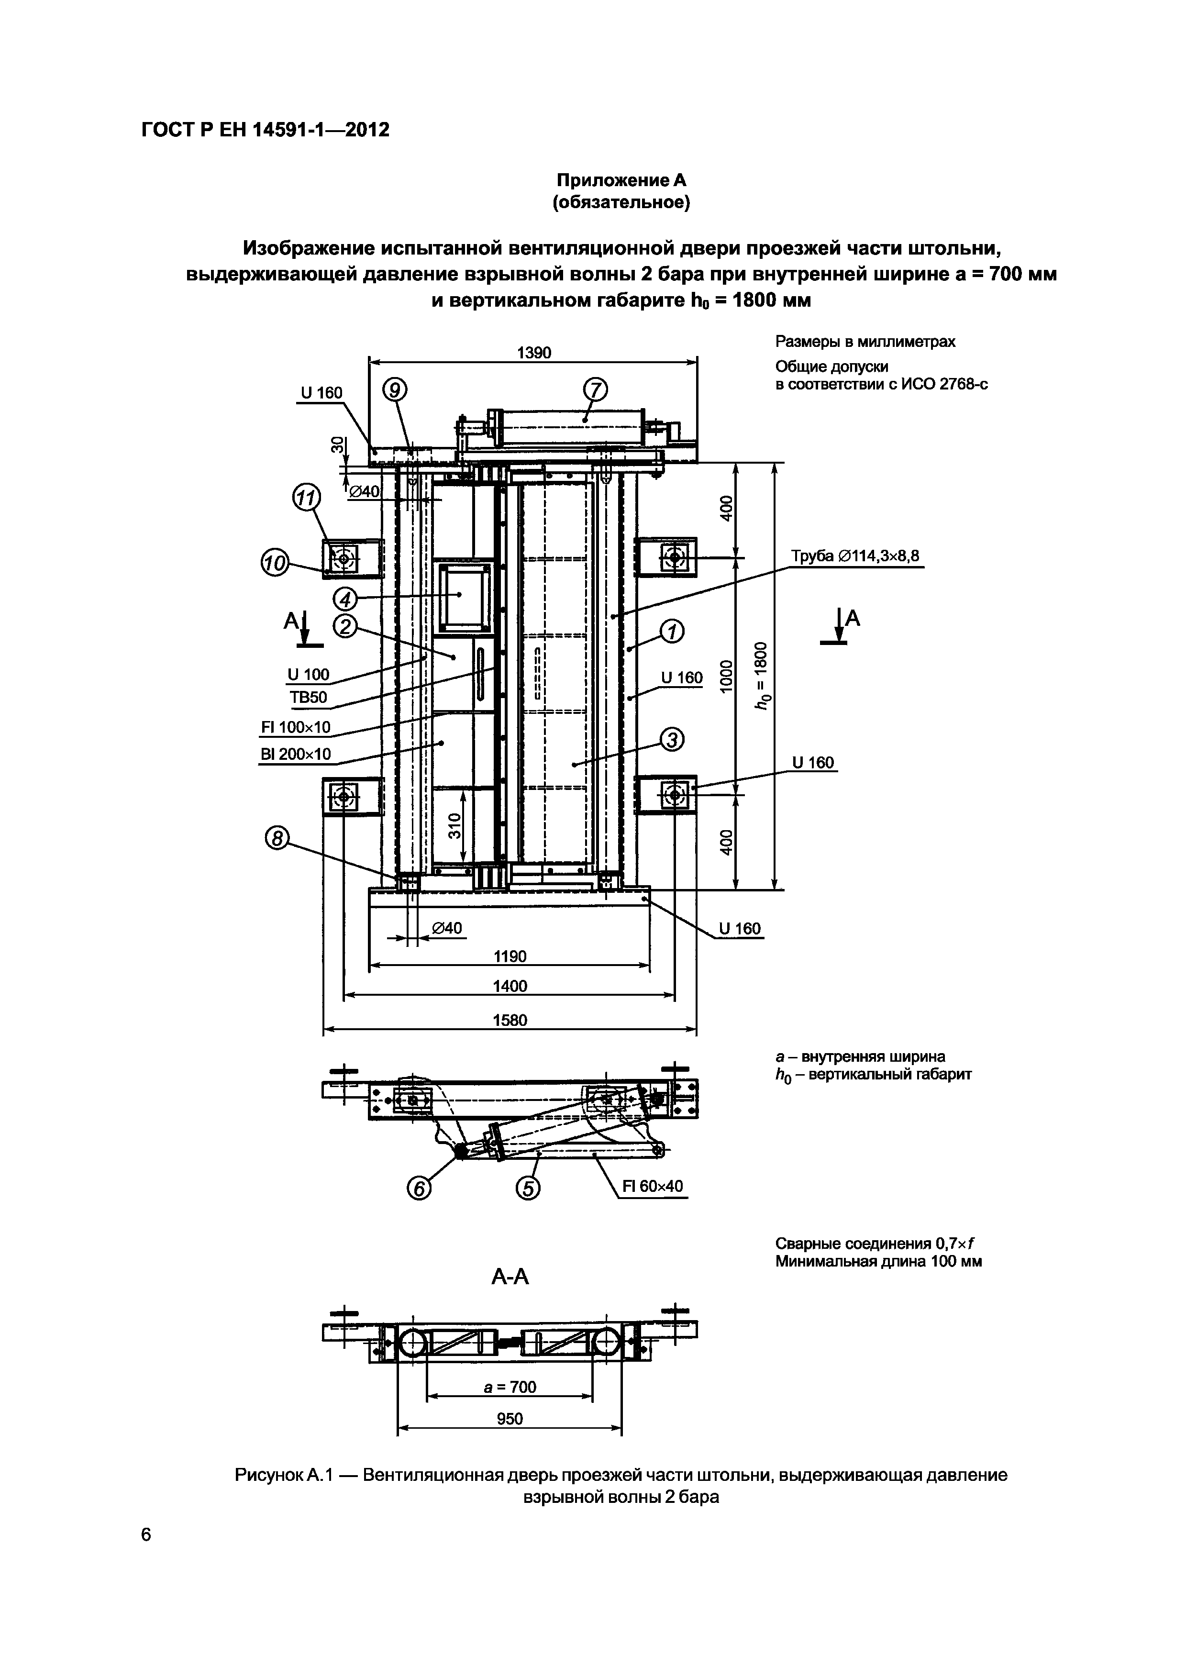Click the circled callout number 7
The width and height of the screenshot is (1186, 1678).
point(596,391)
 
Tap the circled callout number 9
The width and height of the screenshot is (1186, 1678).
point(395,391)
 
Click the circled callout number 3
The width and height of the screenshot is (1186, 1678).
point(672,741)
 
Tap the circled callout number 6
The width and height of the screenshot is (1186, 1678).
point(420,1190)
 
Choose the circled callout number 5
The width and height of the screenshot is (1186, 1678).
point(528,1190)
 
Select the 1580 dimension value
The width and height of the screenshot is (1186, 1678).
point(510,1020)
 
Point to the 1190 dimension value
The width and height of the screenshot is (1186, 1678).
point(510,956)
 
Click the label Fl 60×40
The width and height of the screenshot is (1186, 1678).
point(653,1186)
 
